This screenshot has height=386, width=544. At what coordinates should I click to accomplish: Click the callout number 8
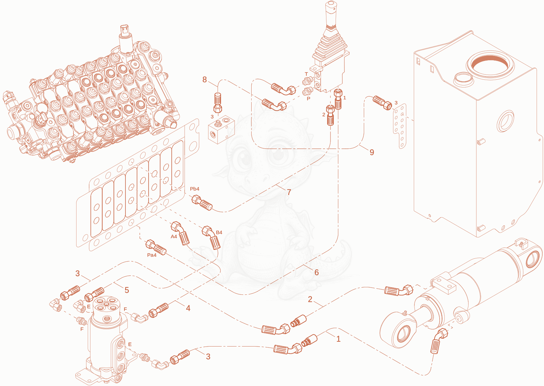204,80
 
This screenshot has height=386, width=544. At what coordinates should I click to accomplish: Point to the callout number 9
372,152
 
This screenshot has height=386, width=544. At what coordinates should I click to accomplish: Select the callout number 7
289,192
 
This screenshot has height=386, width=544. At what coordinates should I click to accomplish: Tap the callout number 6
317,272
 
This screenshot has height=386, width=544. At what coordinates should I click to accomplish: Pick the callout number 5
126,290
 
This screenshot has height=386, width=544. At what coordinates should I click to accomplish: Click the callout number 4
188,308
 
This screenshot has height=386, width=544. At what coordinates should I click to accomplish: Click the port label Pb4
194,189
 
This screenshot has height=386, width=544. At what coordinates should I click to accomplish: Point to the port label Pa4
152,255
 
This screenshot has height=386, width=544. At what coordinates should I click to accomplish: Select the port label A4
174,237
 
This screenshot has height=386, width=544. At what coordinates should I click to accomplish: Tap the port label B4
219,232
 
